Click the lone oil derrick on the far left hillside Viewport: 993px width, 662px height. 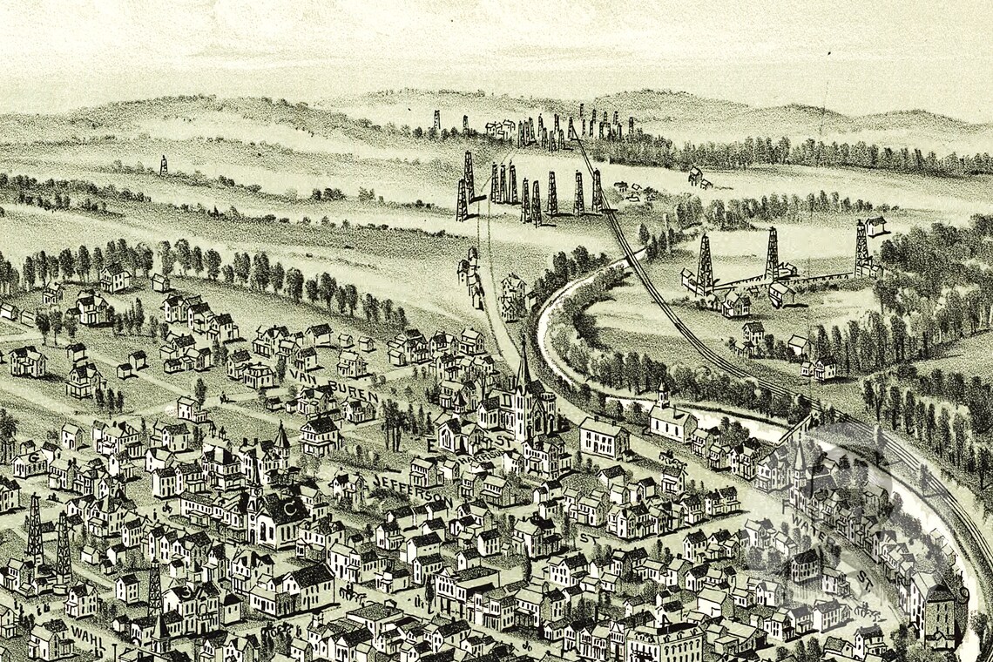click(x=163, y=165)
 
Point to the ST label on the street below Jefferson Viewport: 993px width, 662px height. click(x=585, y=540)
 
